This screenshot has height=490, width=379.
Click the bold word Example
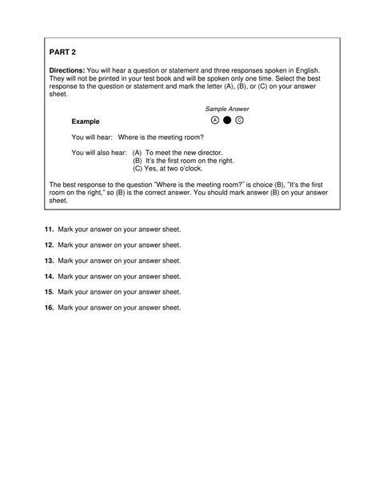click(x=86, y=122)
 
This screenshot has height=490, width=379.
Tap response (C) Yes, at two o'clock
click(x=177, y=168)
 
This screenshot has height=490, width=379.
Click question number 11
click(x=49, y=229)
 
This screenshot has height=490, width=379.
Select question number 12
click(x=49, y=245)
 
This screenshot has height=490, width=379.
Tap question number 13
click(x=49, y=261)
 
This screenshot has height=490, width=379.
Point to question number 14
click(x=49, y=276)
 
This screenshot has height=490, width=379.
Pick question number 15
click(x=49, y=292)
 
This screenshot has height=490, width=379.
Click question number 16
click(x=49, y=307)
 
